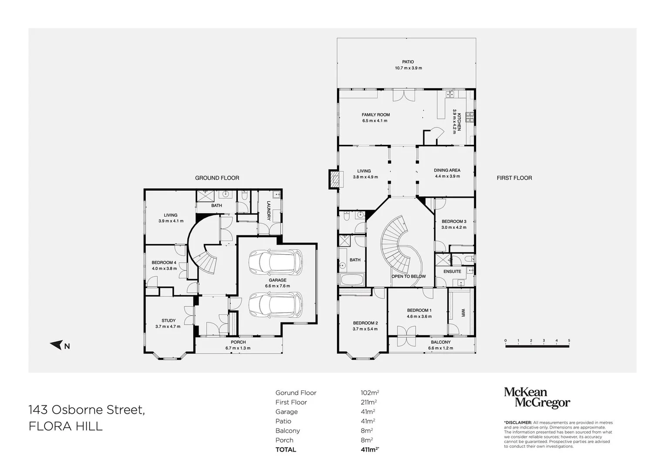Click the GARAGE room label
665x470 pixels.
click(277, 280)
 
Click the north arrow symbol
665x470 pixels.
click(57, 346)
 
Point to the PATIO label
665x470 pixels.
click(408, 62)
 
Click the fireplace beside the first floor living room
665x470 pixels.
click(334, 178)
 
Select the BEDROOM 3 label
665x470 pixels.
click(454, 222)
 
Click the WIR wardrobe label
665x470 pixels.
click(462, 313)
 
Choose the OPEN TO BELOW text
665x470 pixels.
click(408, 276)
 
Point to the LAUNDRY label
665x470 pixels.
click(269, 211)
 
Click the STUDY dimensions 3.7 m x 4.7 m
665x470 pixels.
click(168, 326)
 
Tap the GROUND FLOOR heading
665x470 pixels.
click(217, 178)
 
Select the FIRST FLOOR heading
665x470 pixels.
click(514, 178)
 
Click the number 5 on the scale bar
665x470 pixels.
click(569, 341)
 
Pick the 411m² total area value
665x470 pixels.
click(366, 450)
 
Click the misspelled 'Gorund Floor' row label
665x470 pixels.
click(296, 393)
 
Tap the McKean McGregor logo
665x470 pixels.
click(537, 398)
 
